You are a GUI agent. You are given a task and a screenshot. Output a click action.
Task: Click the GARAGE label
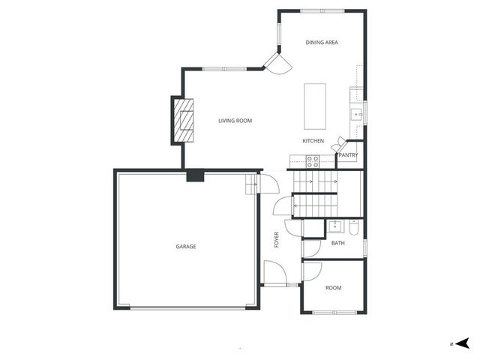[x=186, y=247]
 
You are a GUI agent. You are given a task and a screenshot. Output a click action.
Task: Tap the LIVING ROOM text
[x=235, y=121]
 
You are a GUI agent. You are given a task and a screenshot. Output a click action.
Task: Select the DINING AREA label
[x=322, y=43]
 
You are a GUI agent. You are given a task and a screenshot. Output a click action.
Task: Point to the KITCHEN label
[x=313, y=141]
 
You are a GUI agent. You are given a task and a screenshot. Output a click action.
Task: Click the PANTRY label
[x=348, y=155]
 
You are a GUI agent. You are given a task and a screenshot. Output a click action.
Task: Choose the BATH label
[x=338, y=243]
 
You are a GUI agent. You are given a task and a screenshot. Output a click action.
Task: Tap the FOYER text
[x=276, y=240]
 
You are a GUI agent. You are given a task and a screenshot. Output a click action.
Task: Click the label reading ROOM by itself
[x=334, y=288]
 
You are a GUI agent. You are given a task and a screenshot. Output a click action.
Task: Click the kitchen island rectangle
[x=315, y=106]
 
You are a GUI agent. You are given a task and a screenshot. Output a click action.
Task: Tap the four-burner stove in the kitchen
[x=313, y=160]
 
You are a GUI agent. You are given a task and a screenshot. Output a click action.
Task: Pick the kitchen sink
[x=357, y=115]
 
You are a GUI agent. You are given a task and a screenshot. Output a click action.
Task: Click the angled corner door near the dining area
[x=275, y=64]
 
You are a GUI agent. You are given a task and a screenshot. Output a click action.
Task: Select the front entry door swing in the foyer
[x=274, y=273]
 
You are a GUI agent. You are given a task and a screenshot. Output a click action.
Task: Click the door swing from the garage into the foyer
[x=264, y=184]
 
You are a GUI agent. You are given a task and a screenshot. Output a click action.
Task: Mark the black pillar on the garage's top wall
[x=195, y=176]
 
